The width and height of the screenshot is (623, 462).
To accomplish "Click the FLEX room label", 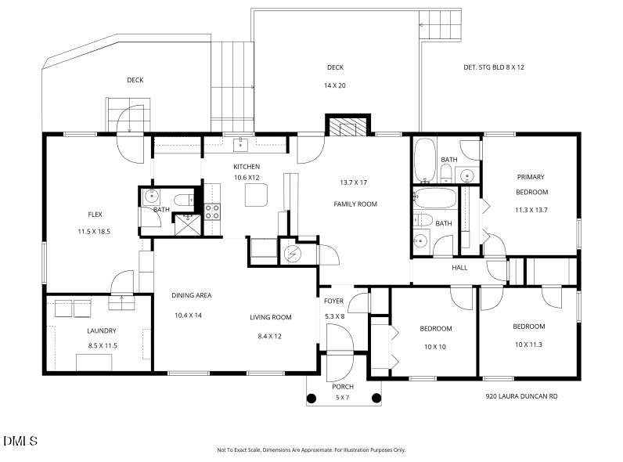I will click(95, 214).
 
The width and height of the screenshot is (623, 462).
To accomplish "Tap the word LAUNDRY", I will click(102, 330).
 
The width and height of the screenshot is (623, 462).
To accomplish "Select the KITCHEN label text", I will click(247, 167).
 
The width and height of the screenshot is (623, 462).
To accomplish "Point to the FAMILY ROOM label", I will click(355, 204).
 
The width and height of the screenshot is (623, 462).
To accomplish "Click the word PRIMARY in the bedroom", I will click(531, 177).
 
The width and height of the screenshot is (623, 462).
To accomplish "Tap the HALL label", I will click(459, 267).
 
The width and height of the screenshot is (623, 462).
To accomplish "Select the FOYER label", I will click(334, 301).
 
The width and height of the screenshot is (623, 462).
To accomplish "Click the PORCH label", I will click(343, 387).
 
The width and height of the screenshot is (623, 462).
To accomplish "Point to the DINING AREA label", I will click(192, 295).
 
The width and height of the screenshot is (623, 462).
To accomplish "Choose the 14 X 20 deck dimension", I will click(335, 85).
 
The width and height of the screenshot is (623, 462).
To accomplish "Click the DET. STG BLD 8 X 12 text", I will click(494, 67).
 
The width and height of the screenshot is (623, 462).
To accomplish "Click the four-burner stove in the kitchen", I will click(212, 211).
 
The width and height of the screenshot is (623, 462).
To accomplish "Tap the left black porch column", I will click(311, 397).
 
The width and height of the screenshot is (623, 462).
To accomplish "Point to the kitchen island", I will click(257, 194).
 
